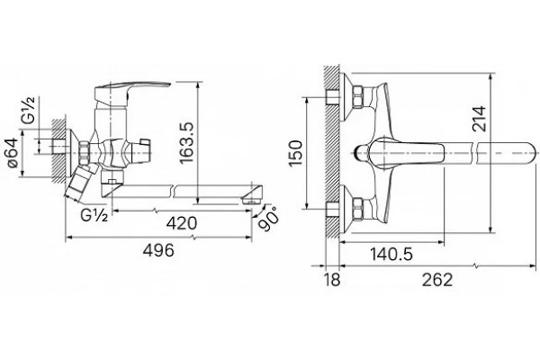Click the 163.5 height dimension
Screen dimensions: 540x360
pyautogui.click(x=187, y=142)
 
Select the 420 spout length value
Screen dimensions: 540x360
pyautogui.click(x=182, y=223)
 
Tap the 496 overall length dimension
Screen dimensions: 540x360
pyautogui.click(x=158, y=250)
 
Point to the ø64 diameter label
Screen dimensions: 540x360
pyautogui.click(x=13, y=152)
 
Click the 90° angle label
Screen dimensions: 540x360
pyautogui.click(x=268, y=219)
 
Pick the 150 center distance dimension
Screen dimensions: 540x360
pyautogui.click(x=296, y=153)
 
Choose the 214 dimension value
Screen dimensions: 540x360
pyautogui.click(x=479, y=119)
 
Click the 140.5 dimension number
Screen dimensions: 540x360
pyautogui.click(x=391, y=255)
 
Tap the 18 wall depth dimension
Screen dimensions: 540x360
pyautogui.click(x=332, y=279)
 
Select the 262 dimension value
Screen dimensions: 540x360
pyautogui.click(x=437, y=279)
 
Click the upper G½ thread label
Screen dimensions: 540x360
pyautogui.click(x=29, y=110)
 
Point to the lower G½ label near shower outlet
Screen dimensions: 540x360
pyautogui.click(x=94, y=216)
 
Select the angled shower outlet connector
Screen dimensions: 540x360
pyautogui.click(x=80, y=183)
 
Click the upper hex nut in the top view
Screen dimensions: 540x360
pyautogui.click(x=357, y=95)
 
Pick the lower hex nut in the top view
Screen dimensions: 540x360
pyautogui.click(x=357, y=209)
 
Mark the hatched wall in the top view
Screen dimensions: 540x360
pyautogui.click(x=332, y=151)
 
